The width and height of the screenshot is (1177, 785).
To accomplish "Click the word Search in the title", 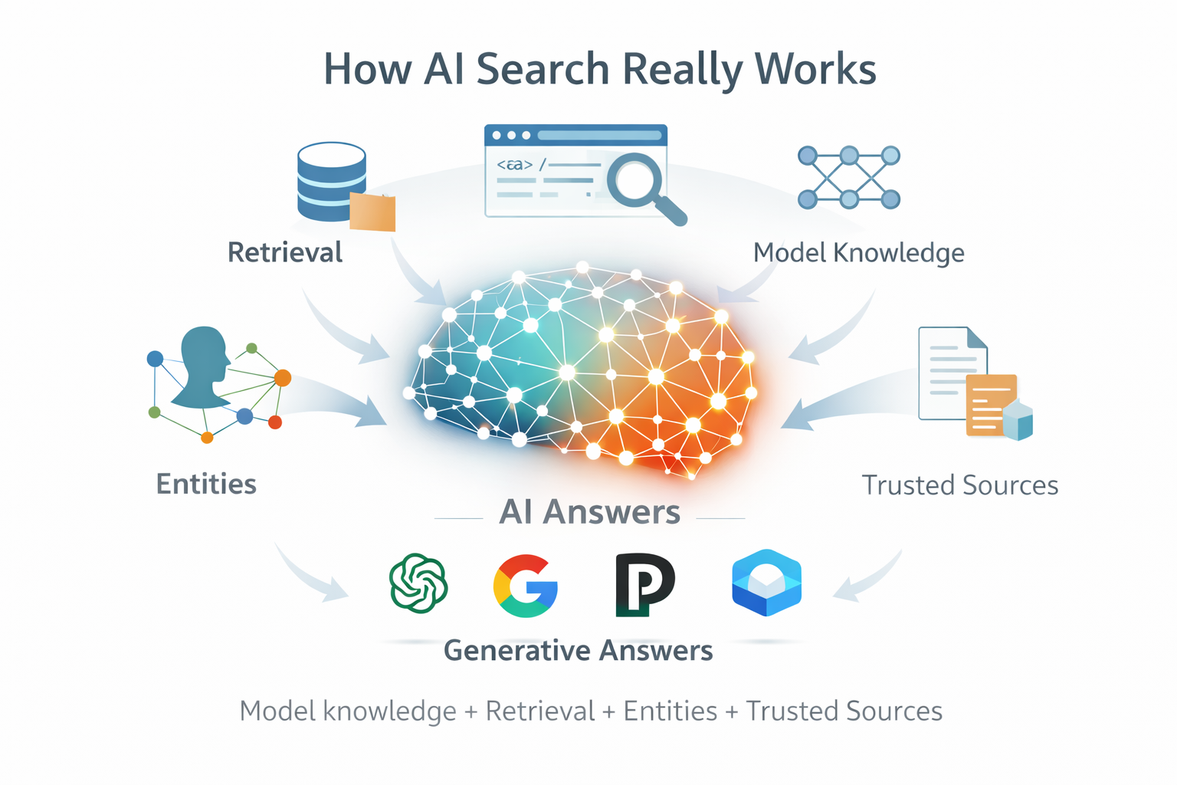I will click(543, 70).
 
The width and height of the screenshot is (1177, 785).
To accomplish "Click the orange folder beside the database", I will click(372, 212).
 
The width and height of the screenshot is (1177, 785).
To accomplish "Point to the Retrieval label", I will click(285, 253).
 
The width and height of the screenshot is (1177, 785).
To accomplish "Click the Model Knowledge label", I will click(858, 253).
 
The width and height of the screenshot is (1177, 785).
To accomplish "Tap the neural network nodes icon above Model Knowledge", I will click(848, 178).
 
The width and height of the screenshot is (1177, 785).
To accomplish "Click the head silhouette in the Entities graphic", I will click(202, 366).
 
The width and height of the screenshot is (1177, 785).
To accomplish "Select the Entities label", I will click(206, 484).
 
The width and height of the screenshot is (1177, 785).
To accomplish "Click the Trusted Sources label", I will click(959, 485).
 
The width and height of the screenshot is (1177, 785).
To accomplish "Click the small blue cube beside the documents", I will click(1018, 421).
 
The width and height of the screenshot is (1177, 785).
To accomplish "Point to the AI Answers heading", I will click(589, 512).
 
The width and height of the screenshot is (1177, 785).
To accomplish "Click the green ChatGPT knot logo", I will click(418, 583).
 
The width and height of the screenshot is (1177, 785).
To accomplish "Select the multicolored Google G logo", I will click(526, 586).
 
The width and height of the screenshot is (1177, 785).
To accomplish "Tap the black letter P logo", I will click(644, 584).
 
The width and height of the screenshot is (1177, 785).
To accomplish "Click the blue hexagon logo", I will click(766, 583).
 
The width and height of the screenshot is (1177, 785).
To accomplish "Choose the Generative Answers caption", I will click(578, 651).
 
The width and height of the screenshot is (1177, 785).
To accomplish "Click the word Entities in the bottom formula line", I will click(670, 711).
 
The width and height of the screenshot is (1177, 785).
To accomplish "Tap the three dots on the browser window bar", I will click(511, 136).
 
